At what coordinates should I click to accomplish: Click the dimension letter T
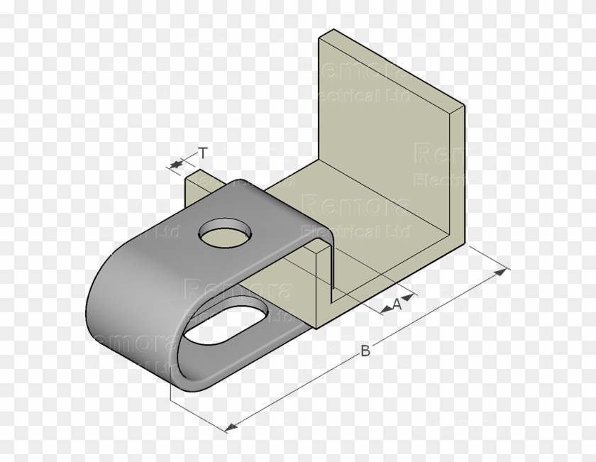(x=204, y=153)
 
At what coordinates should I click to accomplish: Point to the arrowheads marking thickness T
(x=175, y=165)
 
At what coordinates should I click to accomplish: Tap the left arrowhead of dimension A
(x=385, y=310)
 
